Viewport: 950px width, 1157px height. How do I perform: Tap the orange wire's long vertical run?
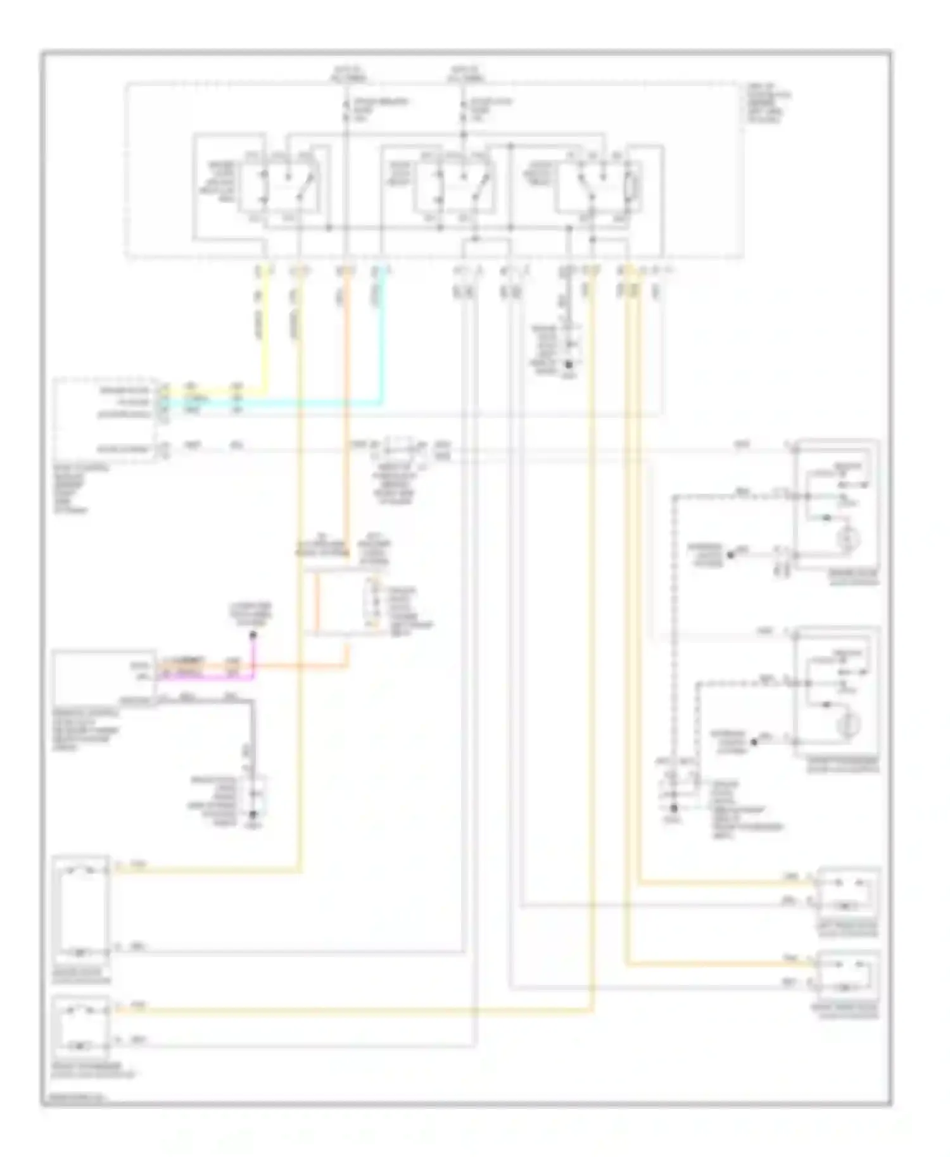coord(346,411)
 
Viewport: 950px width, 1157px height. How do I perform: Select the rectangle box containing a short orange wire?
coord(342,601)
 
